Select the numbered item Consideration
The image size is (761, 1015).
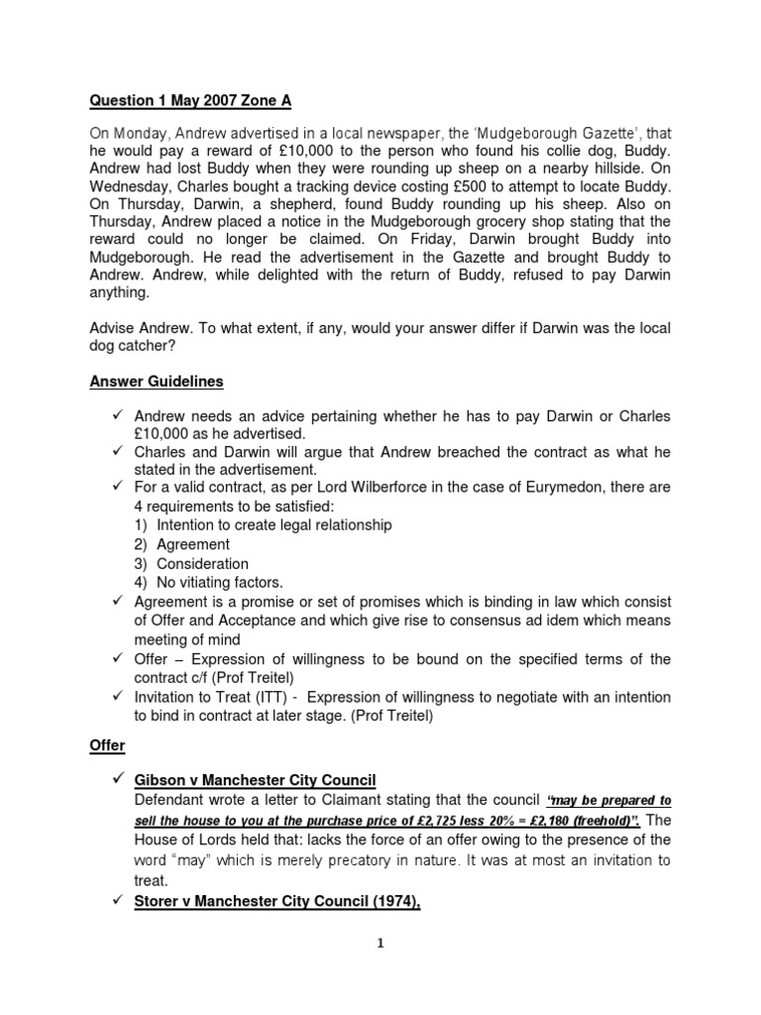point(203,563)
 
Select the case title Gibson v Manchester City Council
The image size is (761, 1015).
point(256,780)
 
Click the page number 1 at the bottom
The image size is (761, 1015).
point(380,944)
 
